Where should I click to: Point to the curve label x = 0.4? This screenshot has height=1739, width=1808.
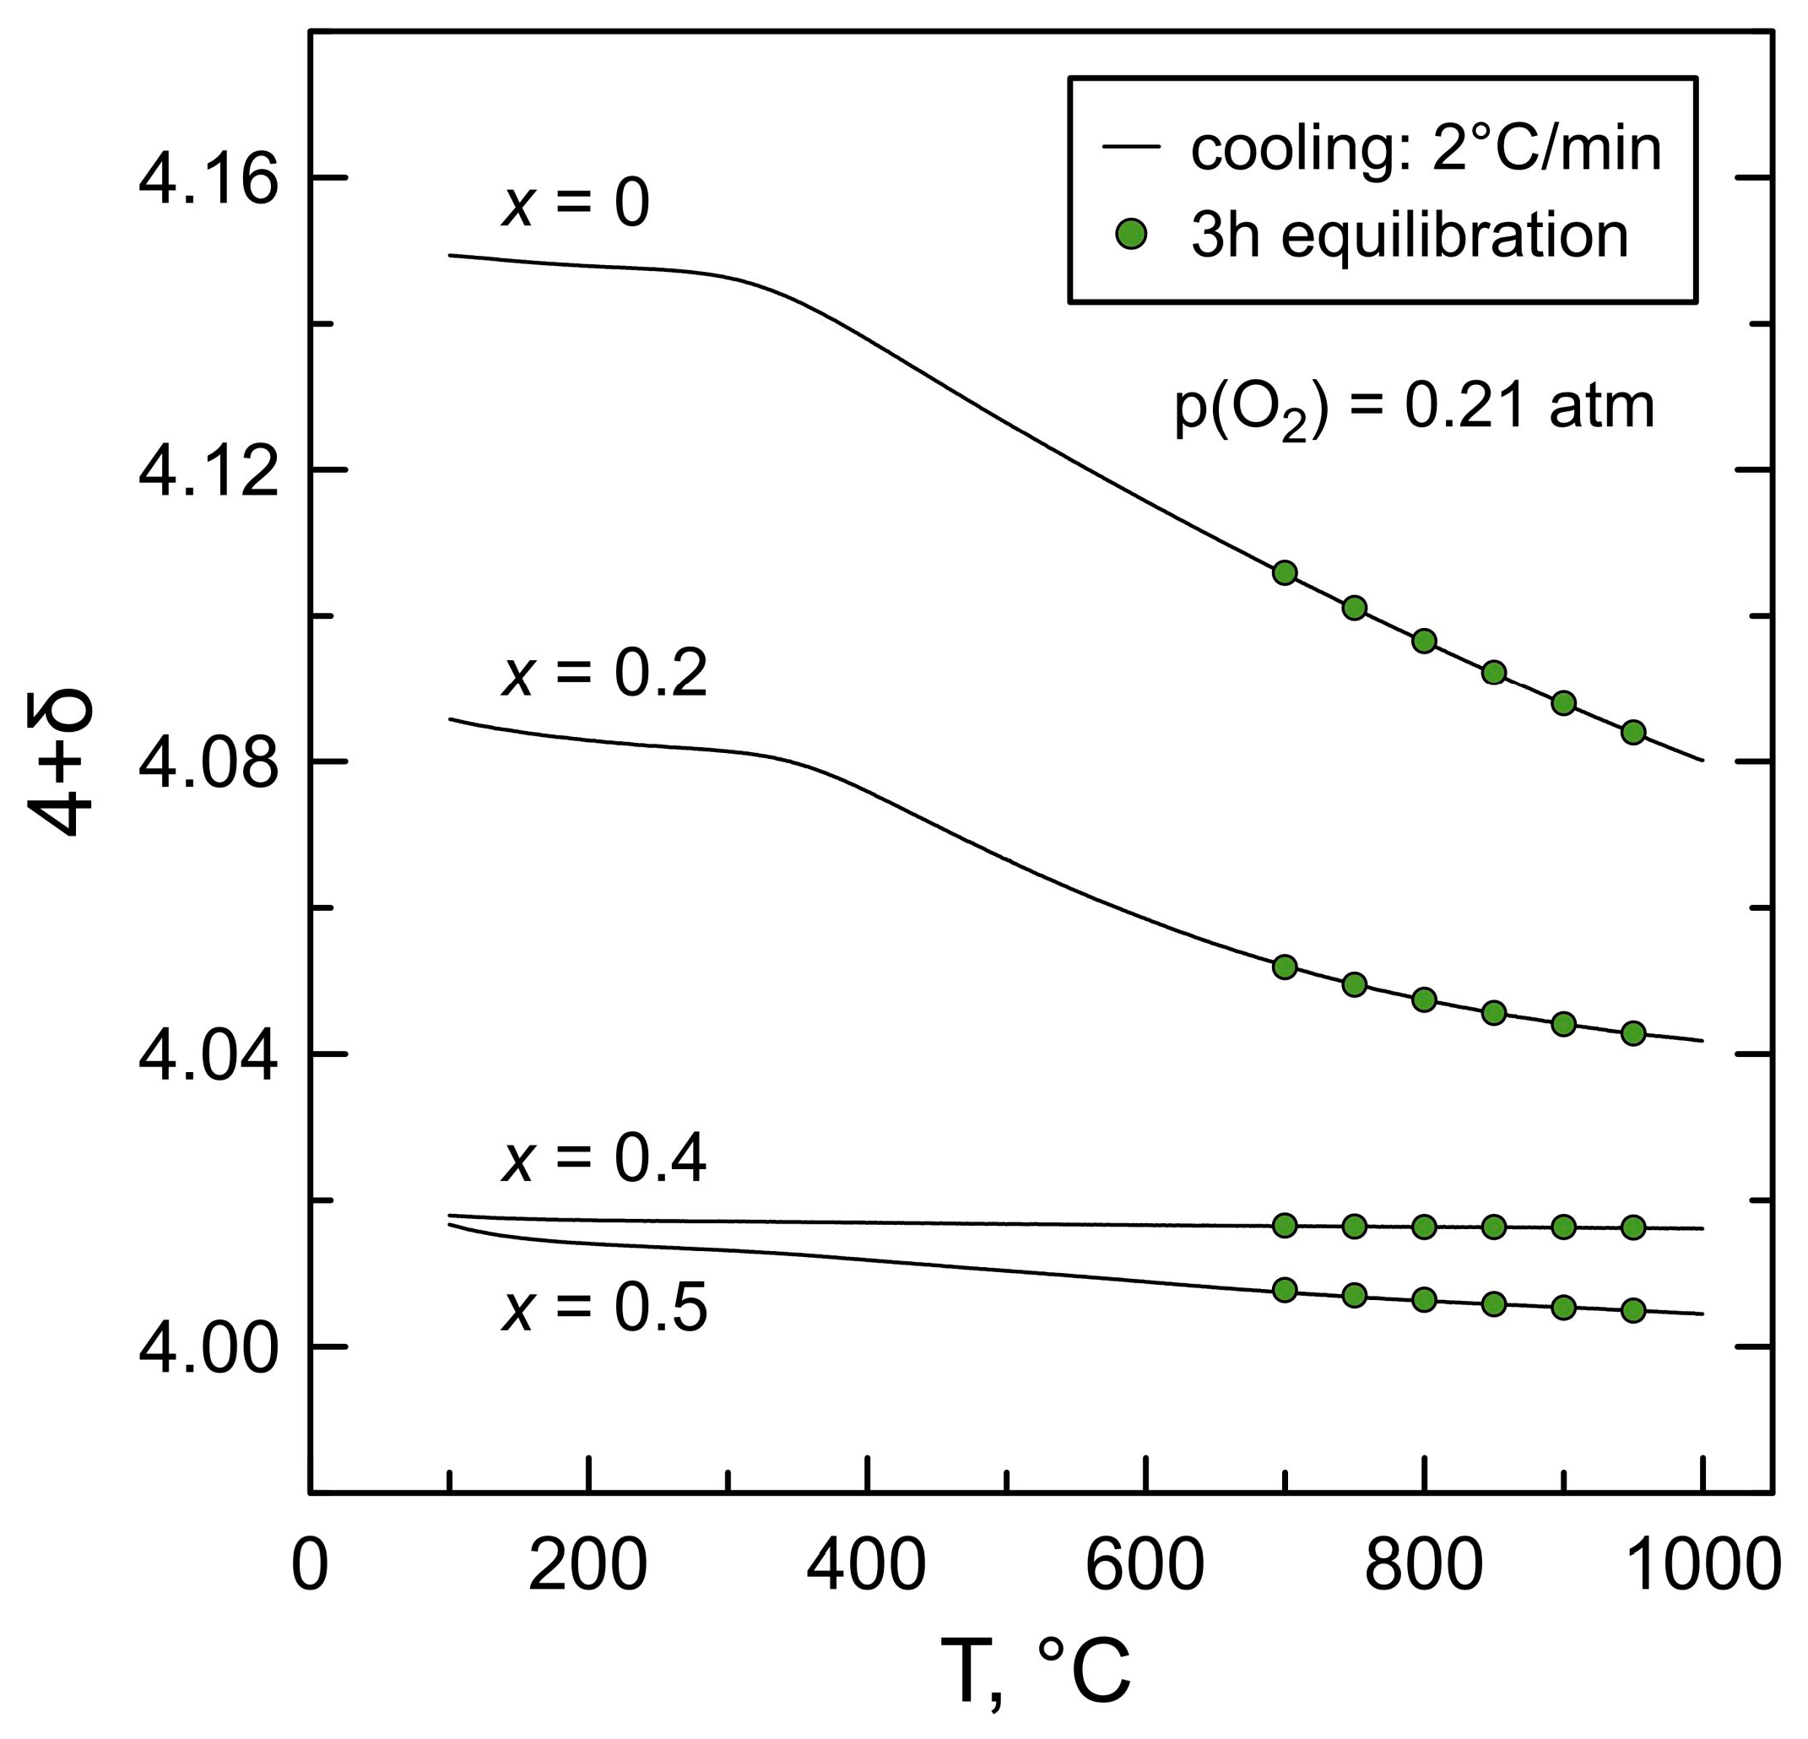click(604, 1160)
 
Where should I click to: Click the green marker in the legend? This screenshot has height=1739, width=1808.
click(1130, 236)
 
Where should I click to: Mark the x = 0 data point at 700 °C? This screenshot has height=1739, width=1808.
click(1284, 573)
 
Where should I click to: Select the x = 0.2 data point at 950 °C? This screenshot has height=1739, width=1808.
click(1632, 1033)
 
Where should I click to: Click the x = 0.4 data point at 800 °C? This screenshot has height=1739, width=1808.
click(1424, 1226)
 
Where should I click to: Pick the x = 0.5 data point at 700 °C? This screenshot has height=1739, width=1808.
click(1284, 1290)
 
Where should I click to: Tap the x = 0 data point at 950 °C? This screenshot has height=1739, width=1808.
click(1632, 733)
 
